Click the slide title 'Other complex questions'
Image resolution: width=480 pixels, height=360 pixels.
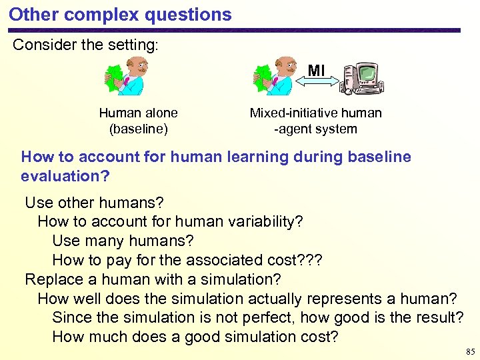[120, 14]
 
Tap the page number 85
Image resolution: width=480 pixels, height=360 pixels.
[471, 351]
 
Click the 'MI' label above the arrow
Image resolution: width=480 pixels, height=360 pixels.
[316, 70]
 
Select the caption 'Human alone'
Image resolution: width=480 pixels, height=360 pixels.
[138, 113]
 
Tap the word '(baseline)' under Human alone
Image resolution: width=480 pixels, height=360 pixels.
[138, 129]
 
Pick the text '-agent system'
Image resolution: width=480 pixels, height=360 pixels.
[315, 129]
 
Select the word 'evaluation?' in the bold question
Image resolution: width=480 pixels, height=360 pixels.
[63, 176]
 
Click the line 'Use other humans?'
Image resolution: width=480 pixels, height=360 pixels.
[94, 202]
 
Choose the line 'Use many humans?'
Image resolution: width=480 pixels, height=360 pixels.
[123, 241]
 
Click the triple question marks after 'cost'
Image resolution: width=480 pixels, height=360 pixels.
[309, 260]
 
